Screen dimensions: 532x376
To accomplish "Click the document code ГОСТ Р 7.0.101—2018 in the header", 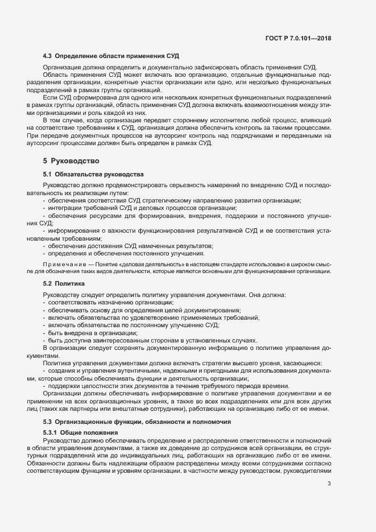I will (x=298, y=39).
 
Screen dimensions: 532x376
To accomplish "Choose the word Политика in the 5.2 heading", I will (x=70, y=283).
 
